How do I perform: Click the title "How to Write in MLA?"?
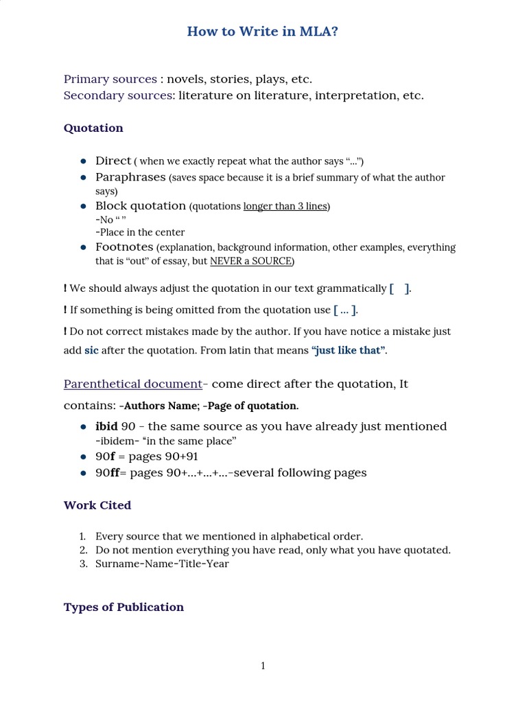click(x=263, y=32)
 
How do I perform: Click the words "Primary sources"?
click(x=110, y=79)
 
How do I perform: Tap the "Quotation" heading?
click(x=93, y=128)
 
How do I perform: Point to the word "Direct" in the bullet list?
click(x=113, y=161)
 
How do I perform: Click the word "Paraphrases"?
click(x=130, y=177)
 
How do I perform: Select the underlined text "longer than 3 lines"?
click(x=285, y=206)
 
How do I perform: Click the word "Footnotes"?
click(x=124, y=247)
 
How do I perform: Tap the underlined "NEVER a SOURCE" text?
click(x=251, y=261)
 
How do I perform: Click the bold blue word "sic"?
click(x=92, y=350)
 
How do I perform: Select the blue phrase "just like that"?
click(x=349, y=350)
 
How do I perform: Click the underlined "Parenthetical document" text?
click(x=133, y=384)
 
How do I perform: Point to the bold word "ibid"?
click(x=106, y=426)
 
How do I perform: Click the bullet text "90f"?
click(x=105, y=457)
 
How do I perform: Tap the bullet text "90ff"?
click(x=108, y=472)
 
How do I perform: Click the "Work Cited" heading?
click(x=97, y=505)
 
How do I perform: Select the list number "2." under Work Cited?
click(x=83, y=550)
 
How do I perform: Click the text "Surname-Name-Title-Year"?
click(x=162, y=564)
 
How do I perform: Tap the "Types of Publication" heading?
click(x=124, y=607)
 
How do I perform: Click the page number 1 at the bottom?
click(x=263, y=666)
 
